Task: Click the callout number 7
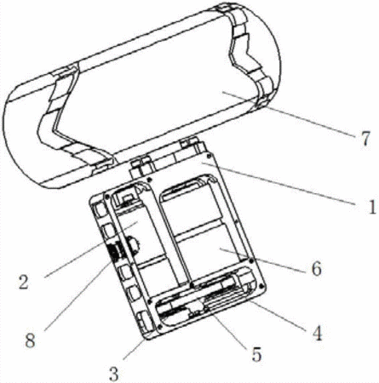coord(366,139)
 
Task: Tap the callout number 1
coord(371,207)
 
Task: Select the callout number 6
coord(317,268)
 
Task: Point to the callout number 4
coord(317,333)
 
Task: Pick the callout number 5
coord(256,354)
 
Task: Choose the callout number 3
coord(114,374)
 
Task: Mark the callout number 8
coord(30,340)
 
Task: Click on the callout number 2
coord(24,282)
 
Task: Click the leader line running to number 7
coord(289,114)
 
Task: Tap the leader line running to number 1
coord(278,183)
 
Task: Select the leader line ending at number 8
coord(79,294)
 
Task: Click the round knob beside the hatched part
coord(134,243)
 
